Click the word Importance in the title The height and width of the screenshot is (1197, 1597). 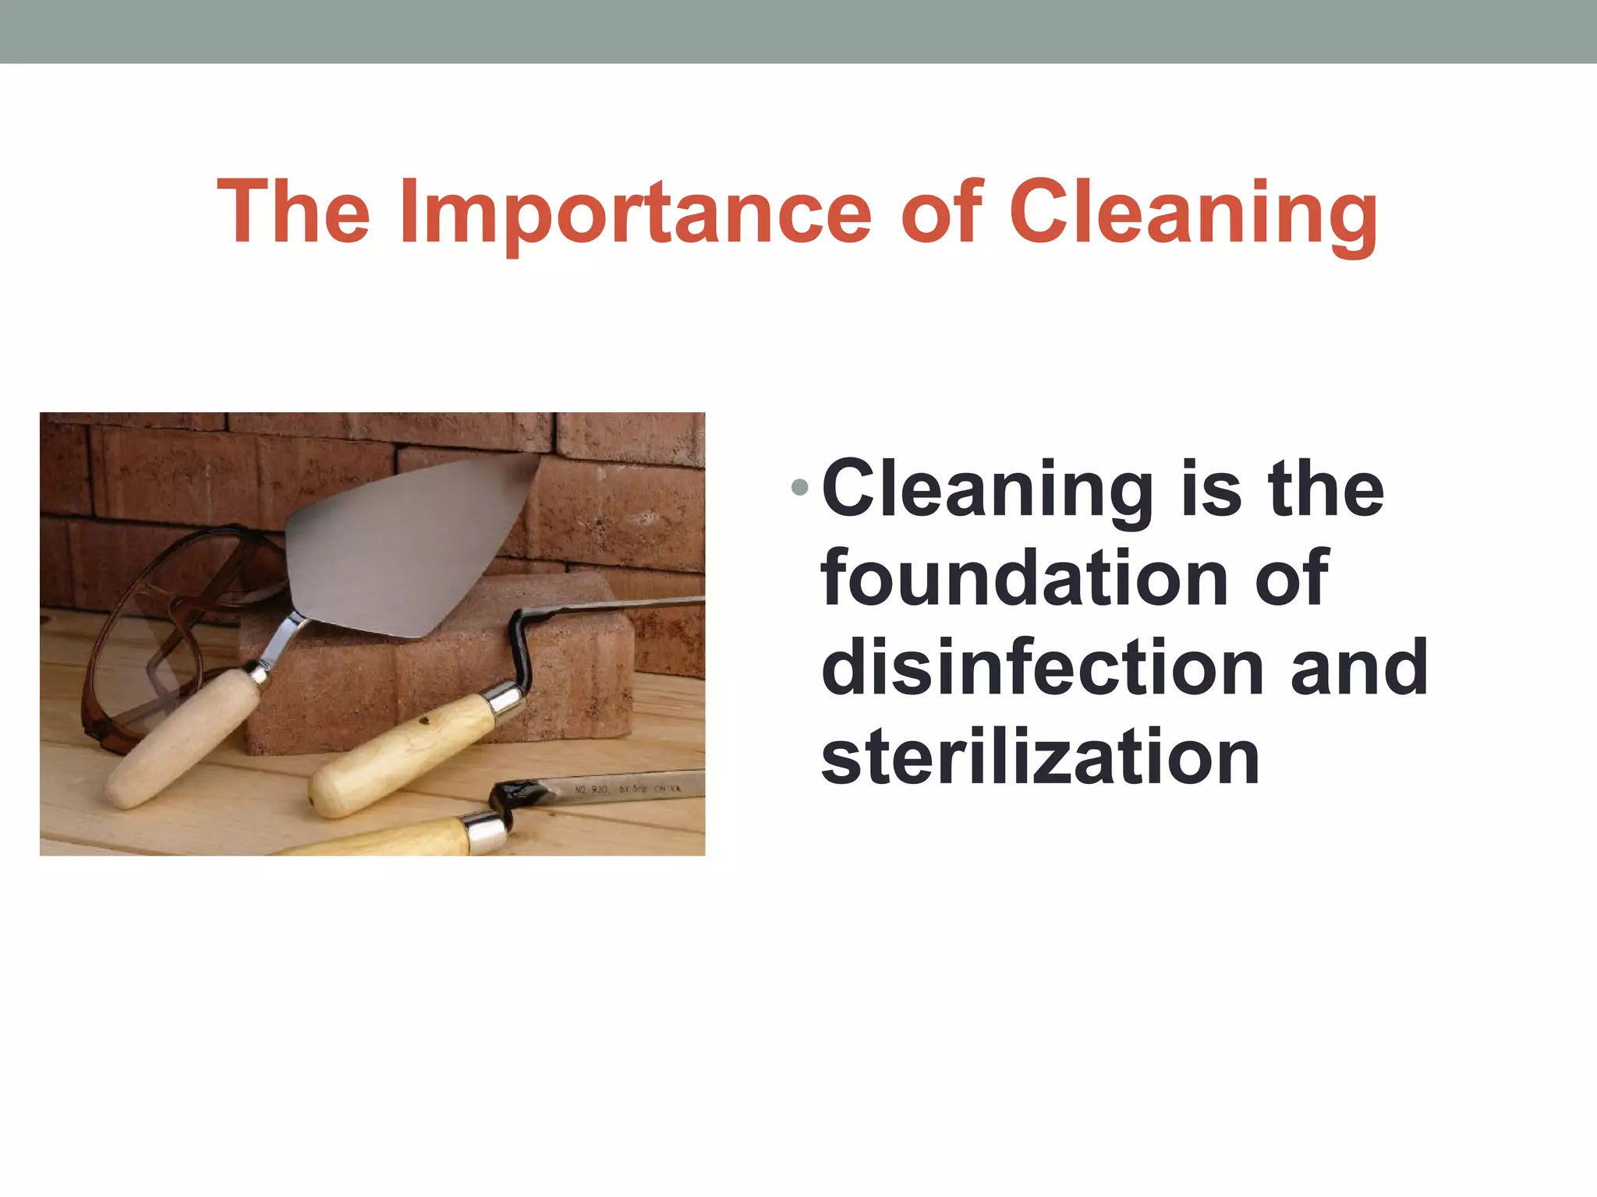click(633, 212)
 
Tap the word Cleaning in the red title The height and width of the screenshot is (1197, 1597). click(1192, 212)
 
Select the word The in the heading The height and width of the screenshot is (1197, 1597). click(293, 212)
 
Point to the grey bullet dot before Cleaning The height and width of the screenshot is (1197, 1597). click(799, 489)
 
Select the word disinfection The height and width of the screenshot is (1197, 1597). click(1042, 667)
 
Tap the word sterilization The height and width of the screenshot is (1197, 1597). click(1040, 757)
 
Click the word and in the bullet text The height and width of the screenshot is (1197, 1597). click(1359, 667)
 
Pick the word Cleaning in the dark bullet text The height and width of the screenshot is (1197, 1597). click(987, 489)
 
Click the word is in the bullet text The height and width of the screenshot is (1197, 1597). click(1211, 489)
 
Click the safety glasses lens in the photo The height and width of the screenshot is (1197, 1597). click(140, 670)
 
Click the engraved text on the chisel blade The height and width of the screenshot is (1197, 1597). click(628, 789)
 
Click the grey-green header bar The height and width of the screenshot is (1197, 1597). click(798, 31)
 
